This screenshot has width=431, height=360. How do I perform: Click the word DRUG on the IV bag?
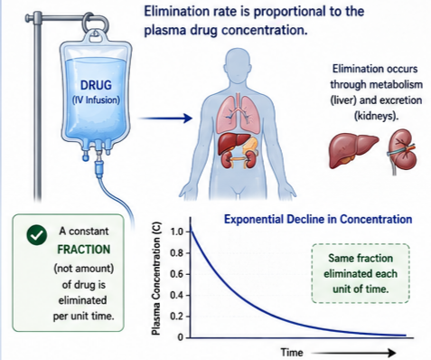click(96, 85)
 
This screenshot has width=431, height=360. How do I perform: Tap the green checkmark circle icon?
click(37, 235)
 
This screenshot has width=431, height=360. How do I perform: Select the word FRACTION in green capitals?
click(83, 250)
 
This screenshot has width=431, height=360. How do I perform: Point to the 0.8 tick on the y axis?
click(188, 253)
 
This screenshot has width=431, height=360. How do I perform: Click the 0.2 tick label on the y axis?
click(176, 317)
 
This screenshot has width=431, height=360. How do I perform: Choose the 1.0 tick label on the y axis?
click(176, 232)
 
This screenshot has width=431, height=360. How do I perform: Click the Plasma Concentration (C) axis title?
click(155, 279)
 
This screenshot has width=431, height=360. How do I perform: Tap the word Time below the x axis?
click(292, 353)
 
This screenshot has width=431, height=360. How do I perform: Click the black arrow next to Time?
click(353, 353)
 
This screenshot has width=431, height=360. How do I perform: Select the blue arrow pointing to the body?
click(165, 118)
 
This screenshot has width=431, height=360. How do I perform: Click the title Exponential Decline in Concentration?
click(318, 219)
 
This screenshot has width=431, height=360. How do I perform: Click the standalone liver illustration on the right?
click(353, 150)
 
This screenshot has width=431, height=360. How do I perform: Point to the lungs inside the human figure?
click(238, 114)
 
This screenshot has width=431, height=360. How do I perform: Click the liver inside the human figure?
click(233, 143)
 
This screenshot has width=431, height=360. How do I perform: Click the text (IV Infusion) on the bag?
click(96, 99)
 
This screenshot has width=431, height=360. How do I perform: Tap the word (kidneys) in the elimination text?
click(376, 116)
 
